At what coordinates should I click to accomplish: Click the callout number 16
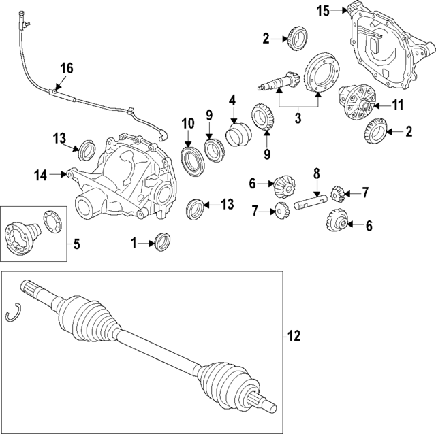coord(65,68)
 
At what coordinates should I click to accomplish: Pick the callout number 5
coord(76,241)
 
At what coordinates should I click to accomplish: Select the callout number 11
coord(397,105)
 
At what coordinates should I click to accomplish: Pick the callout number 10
coord(187,123)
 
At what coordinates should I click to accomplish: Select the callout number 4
coord(232,100)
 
